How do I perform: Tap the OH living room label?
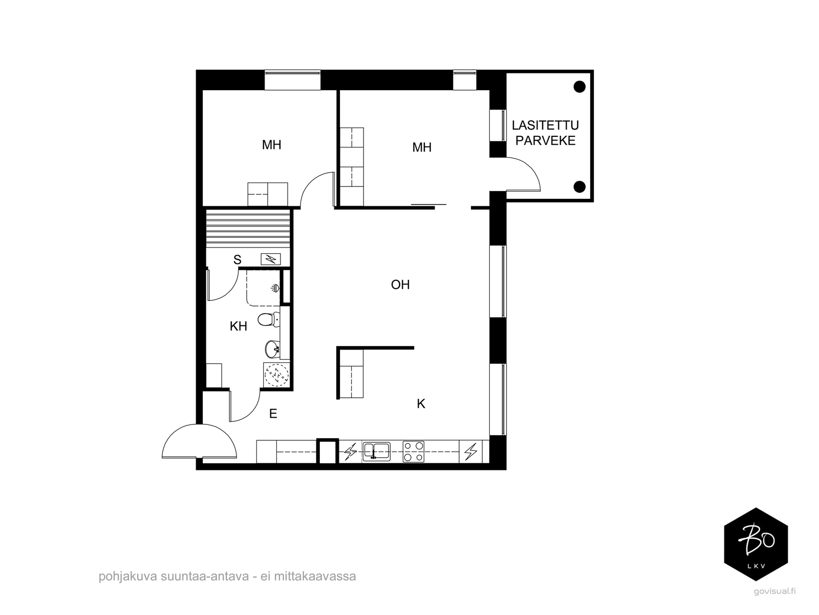tap(400, 285)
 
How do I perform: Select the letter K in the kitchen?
tap(421, 404)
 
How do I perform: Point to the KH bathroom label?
tap(238, 326)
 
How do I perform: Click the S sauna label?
tap(238, 259)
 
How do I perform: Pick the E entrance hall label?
tap(273, 414)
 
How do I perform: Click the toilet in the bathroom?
tap(269, 320)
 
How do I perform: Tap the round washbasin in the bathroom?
tap(272, 349)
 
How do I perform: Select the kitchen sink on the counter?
tap(376, 452)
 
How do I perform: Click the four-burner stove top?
tap(414, 452)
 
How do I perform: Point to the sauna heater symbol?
tap(270, 259)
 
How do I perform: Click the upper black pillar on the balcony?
tap(579, 87)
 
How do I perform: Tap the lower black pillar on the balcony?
tap(579, 187)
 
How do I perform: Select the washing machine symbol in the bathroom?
tap(276, 375)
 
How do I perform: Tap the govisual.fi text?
tap(774, 602)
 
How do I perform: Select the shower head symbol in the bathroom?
tap(275, 288)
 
